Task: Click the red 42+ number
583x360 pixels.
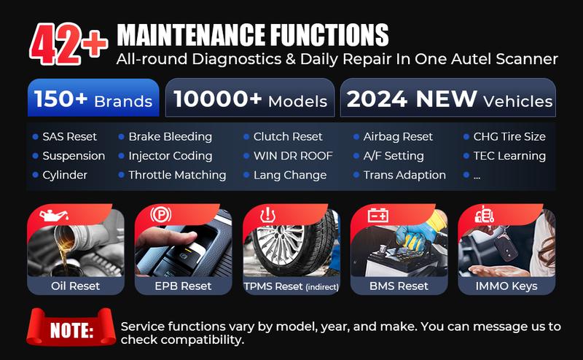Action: click(x=69, y=44)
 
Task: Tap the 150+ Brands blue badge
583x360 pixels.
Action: click(x=93, y=98)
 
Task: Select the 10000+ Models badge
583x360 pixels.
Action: click(x=250, y=98)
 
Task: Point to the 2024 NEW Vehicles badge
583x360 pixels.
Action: click(x=448, y=98)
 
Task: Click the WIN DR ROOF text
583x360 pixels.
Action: click(x=293, y=156)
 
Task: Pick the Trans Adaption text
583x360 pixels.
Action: click(x=404, y=175)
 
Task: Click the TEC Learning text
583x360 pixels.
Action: click(x=509, y=156)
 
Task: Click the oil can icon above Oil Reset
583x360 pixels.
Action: click(x=54, y=215)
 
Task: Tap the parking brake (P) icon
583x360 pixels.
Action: click(x=161, y=214)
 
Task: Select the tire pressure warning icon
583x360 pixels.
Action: click(x=267, y=215)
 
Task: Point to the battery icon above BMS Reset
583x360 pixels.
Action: click(x=378, y=215)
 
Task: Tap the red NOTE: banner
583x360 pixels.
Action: click(x=71, y=327)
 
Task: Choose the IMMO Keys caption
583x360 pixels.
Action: click(x=506, y=286)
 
